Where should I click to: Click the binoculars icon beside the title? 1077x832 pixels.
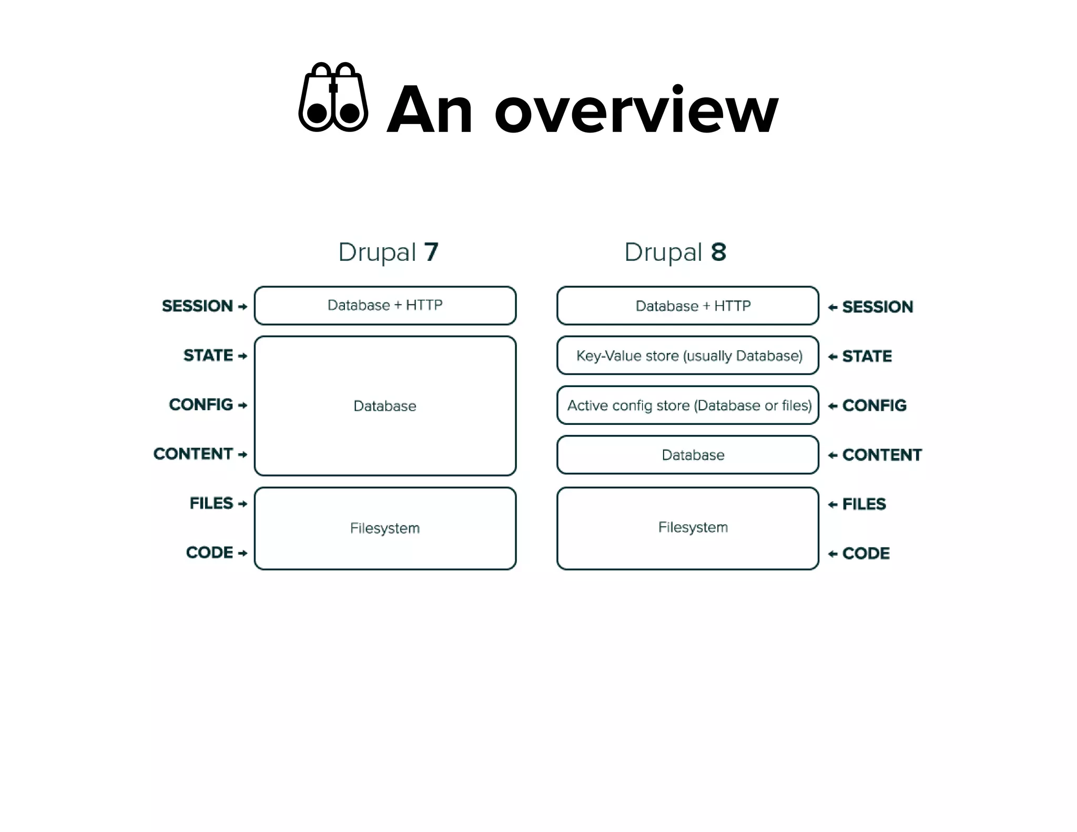pyautogui.click(x=333, y=98)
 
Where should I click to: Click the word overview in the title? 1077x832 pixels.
pyautogui.click(x=636, y=111)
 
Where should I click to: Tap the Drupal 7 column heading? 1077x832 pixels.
pyautogui.click(x=388, y=252)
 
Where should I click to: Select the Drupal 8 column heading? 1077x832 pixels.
pyautogui.click(x=675, y=252)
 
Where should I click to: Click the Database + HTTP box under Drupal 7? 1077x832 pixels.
pyautogui.click(x=385, y=306)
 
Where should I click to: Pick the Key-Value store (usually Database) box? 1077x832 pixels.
pyautogui.click(x=688, y=356)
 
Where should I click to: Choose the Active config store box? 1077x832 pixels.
pyautogui.click(x=688, y=405)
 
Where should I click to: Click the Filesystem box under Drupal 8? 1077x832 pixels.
pyautogui.click(x=688, y=528)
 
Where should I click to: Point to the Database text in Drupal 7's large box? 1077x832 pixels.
pyautogui.click(x=385, y=406)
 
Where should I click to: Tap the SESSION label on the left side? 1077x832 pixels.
pyautogui.click(x=197, y=306)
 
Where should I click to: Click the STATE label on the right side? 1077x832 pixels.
pyautogui.click(x=867, y=357)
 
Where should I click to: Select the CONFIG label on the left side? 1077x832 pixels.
pyautogui.click(x=201, y=405)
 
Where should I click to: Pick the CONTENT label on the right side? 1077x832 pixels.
pyautogui.click(x=882, y=455)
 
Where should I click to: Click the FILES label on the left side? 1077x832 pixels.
pyautogui.click(x=211, y=503)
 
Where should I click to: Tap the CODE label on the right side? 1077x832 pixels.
pyautogui.click(x=866, y=553)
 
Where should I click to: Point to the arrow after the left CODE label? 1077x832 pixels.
pyautogui.click(x=242, y=553)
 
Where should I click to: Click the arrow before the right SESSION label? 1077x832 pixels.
pyautogui.click(x=832, y=308)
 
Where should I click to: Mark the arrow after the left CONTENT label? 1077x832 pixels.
pyautogui.click(x=242, y=455)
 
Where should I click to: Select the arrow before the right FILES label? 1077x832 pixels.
pyautogui.click(x=832, y=505)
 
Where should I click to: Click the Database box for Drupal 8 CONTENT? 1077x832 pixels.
pyautogui.click(x=688, y=455)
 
